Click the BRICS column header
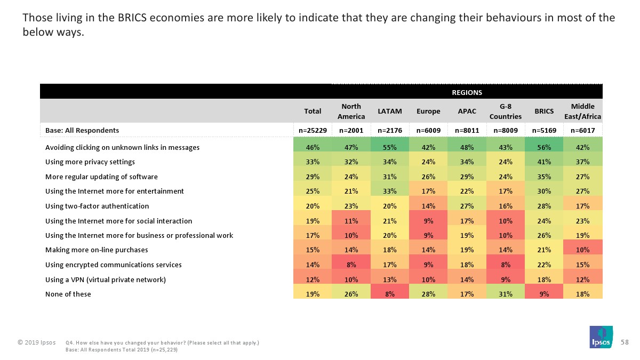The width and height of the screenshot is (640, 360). coord(544,111)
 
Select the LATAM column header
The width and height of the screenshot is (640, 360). coord(389,111)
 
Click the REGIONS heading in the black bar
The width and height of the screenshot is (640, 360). coord(467,92)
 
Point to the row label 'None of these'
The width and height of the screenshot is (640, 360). coord(68,294)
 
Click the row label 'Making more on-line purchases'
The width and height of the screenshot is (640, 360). coord(97,250)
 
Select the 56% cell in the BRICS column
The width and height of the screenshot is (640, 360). coord(544,147)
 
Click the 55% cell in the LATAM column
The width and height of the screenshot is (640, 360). coord(389,147)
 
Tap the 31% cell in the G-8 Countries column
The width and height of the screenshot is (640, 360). coord(505,294)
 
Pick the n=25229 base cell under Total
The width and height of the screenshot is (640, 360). coord(313,130)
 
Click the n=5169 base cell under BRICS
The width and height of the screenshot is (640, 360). coord(544,130)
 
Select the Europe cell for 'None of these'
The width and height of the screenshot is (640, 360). coord(428,294)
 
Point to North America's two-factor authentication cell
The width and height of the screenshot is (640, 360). coord(351,206)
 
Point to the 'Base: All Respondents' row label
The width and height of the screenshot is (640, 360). coord(82,130)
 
